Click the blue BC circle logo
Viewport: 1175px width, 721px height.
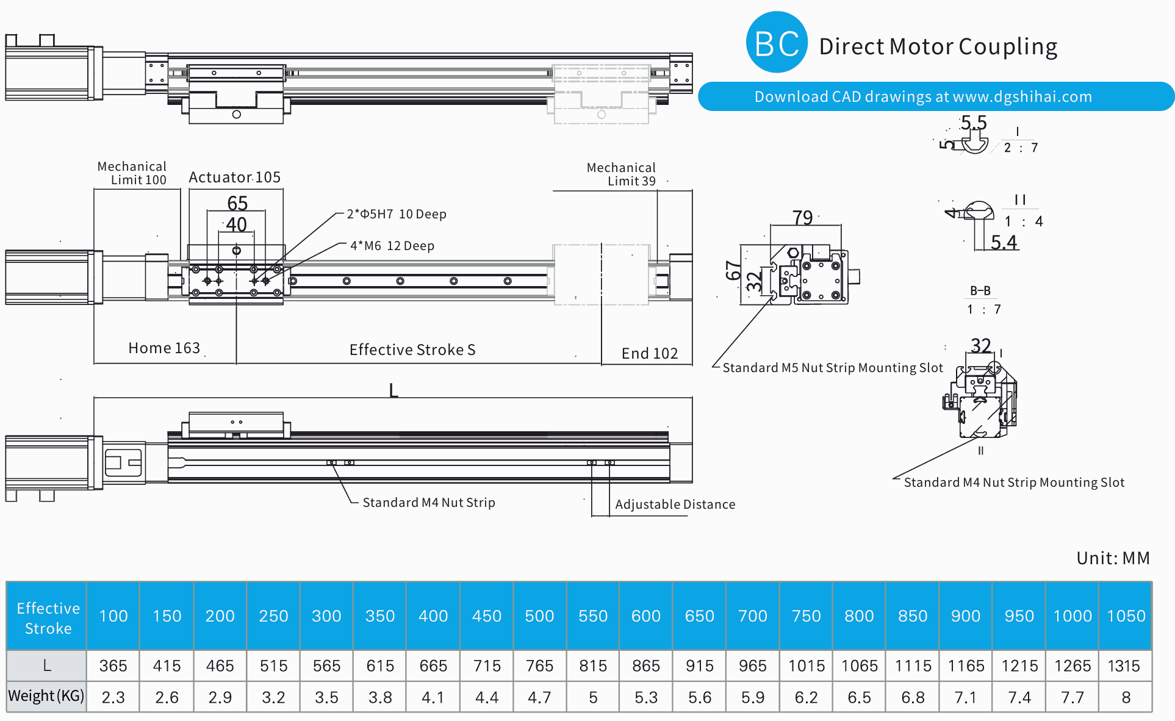777,43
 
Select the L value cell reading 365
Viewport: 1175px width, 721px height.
113,665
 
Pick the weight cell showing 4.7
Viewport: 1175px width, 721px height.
540,697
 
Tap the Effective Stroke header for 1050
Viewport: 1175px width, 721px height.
1126,616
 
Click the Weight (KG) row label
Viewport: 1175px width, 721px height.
46,696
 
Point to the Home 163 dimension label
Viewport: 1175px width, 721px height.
164,348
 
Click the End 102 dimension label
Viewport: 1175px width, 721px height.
650,353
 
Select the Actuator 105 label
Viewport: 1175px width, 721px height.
235,178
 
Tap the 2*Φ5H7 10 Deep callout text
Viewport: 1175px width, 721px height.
397,214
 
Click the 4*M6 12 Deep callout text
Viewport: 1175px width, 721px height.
392,246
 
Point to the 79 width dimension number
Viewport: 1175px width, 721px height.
803,218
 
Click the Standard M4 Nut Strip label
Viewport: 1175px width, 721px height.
429,503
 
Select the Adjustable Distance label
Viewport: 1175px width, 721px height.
675,504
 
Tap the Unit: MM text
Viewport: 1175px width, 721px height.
1113,558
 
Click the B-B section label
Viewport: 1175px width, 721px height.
980,291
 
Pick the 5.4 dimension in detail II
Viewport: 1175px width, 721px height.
1004,243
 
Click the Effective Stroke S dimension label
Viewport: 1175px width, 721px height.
412,350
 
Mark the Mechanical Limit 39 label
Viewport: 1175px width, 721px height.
621,174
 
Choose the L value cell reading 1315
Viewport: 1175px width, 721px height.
1124,665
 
